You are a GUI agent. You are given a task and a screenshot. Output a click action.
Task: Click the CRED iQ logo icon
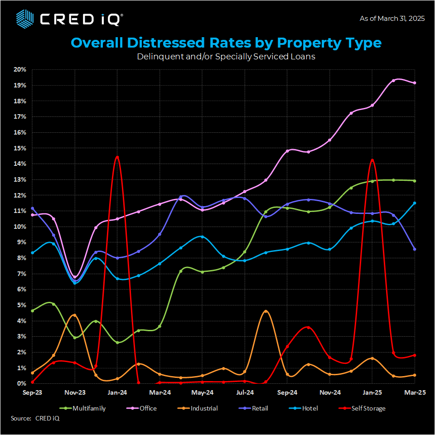(25, 19)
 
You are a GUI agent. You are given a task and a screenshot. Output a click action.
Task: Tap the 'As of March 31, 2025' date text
(392, 19)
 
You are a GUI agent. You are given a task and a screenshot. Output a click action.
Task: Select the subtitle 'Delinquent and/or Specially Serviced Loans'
(226, 57)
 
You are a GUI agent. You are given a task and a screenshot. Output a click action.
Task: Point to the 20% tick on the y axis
(20, 70)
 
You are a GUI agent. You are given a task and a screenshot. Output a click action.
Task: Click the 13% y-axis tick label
(20, 179)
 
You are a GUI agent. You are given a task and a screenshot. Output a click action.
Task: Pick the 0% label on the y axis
(22, 383)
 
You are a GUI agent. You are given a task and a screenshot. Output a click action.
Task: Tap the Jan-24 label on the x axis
(117, 392)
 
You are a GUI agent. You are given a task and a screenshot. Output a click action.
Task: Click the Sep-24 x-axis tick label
(287, 392)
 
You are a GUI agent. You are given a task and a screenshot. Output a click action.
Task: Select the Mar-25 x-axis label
(414, 392)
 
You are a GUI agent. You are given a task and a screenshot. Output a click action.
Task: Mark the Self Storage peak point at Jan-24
(117, 157)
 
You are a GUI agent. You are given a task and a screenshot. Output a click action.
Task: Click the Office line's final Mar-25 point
(414, 83)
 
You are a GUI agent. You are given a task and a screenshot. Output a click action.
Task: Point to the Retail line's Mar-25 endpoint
(414, 249)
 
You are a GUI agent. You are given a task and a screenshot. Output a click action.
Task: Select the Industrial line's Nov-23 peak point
(75, 315)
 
